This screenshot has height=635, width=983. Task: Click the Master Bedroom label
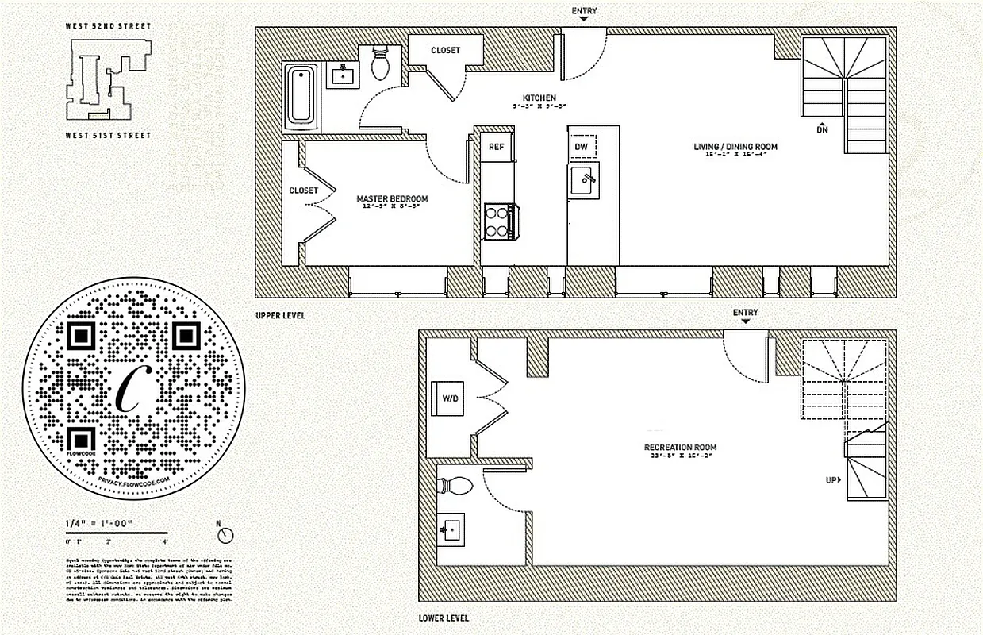point(392,198)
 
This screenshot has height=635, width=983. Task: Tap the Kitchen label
point(539,98)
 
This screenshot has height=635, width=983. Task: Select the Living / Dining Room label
point(735,147)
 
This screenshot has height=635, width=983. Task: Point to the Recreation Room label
point(681,448)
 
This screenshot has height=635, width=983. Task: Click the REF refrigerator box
point(496,147)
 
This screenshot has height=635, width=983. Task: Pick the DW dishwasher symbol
point(582,147)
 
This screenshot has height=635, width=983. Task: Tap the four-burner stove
point(500,221)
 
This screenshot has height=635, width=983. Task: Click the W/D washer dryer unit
point(451,398)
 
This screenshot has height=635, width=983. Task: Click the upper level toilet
point(380,63)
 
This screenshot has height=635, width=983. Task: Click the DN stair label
point(823,129)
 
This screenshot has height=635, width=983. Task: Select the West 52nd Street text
point(108,26)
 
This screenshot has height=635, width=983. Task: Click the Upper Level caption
point(280,315)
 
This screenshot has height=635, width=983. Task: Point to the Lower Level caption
point(444,618)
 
